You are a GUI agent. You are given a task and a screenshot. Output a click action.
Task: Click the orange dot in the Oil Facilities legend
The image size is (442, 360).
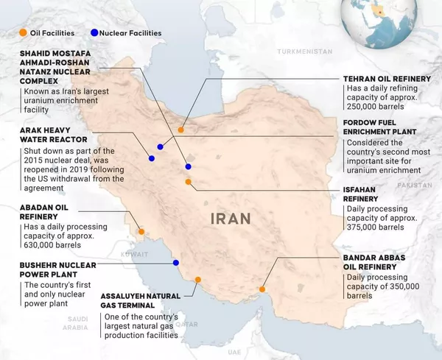tap(24, 33)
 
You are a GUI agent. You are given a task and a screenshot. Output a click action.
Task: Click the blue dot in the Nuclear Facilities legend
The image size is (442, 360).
tap(94, 33)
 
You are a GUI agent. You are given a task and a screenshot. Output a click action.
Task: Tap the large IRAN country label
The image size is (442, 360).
tap(231, 218)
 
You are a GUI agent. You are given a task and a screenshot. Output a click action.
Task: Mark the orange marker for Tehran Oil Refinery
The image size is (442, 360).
tap(180, 130)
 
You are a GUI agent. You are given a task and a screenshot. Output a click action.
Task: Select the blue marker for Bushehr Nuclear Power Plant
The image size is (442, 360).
tap(175, 263)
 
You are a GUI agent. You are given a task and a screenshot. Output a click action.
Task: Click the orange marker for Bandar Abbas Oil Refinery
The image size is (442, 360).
tap(262, 289)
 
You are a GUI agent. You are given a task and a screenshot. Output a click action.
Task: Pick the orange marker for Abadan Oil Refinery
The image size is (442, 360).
tap(141, 231)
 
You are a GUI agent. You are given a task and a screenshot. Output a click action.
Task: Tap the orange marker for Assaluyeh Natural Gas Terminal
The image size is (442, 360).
tap(197, 279)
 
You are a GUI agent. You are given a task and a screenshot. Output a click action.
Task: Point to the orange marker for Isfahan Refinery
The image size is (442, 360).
tap(188, 181)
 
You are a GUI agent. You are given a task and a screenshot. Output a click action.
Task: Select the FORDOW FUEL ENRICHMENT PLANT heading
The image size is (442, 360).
tap(380, 127)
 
